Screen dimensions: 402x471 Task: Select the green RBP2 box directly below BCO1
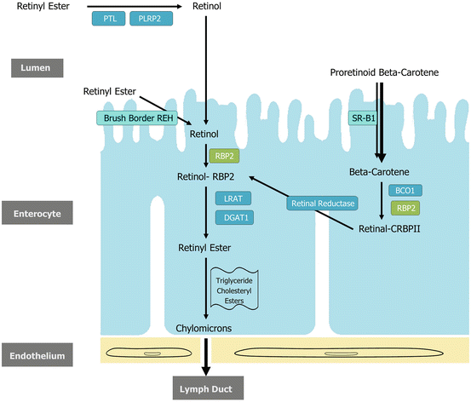coord(405,207)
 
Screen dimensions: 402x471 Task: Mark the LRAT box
coord(232,198)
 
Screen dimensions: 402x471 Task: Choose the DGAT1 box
coord(232,217)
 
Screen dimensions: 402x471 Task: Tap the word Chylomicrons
coord(204,327)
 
